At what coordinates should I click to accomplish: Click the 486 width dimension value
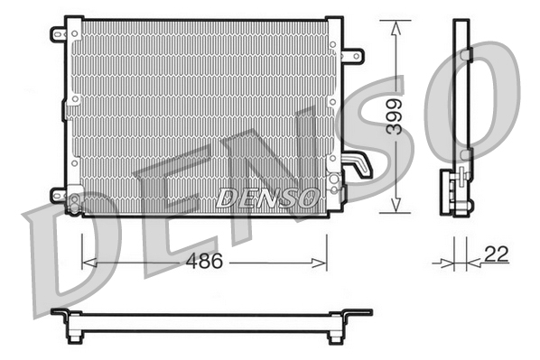click(204, 261)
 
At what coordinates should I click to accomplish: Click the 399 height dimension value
click(395, 116)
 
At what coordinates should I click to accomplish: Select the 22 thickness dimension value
click(497, 254)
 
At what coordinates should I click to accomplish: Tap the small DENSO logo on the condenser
click(267, 198)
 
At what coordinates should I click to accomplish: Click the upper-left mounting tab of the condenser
click(59, 34)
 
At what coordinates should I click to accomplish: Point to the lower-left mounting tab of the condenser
click(58, 196)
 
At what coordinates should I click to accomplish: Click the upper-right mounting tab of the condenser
click(353, 56)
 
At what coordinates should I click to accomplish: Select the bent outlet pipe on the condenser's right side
click(358, 164)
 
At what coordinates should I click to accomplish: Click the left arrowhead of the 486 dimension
click(89, 263)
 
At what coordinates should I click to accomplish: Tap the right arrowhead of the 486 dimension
click(319, 263)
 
